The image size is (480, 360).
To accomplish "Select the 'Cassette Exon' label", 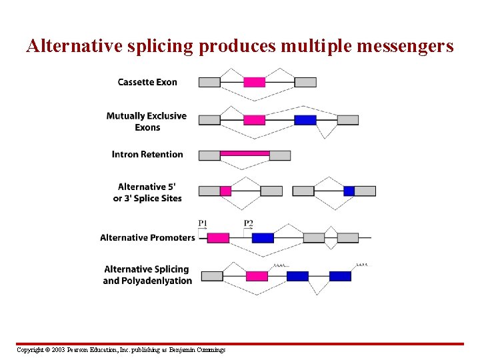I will click(x=147, y=82).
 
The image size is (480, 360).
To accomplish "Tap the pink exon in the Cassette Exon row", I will click(x=254, y=82).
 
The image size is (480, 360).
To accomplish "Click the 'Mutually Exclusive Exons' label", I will click(x=147, y=121).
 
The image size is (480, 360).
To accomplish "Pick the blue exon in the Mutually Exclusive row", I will click(x=305, y=120).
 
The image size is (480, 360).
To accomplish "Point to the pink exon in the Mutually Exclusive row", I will click(x=254, y=120).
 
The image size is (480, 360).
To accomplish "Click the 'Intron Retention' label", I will click(x=147, y=154).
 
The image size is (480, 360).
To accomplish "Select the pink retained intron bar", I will click(x=245, y=153).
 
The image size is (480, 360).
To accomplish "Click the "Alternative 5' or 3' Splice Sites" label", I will click(x=147, y=193).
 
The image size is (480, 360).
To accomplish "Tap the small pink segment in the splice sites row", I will click(x=225, y=191).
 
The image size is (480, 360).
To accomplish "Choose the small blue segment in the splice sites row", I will click(x=349, y=191).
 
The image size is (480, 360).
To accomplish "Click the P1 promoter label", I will click(x=203, y=223).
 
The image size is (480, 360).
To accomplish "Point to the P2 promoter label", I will click(x=248, y=223).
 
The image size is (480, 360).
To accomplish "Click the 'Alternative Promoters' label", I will click(x=147, y=237).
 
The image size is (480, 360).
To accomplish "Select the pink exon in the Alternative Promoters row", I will click(x=218, y=237).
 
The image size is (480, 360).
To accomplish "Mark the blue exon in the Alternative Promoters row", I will click(x=263, y=237).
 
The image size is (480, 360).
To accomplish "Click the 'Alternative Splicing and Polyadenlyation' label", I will click(x=147, y=275).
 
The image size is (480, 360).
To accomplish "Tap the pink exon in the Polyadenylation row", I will click(x=257, y=276).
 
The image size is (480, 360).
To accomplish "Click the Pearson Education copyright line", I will click(x=121, y=350).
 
